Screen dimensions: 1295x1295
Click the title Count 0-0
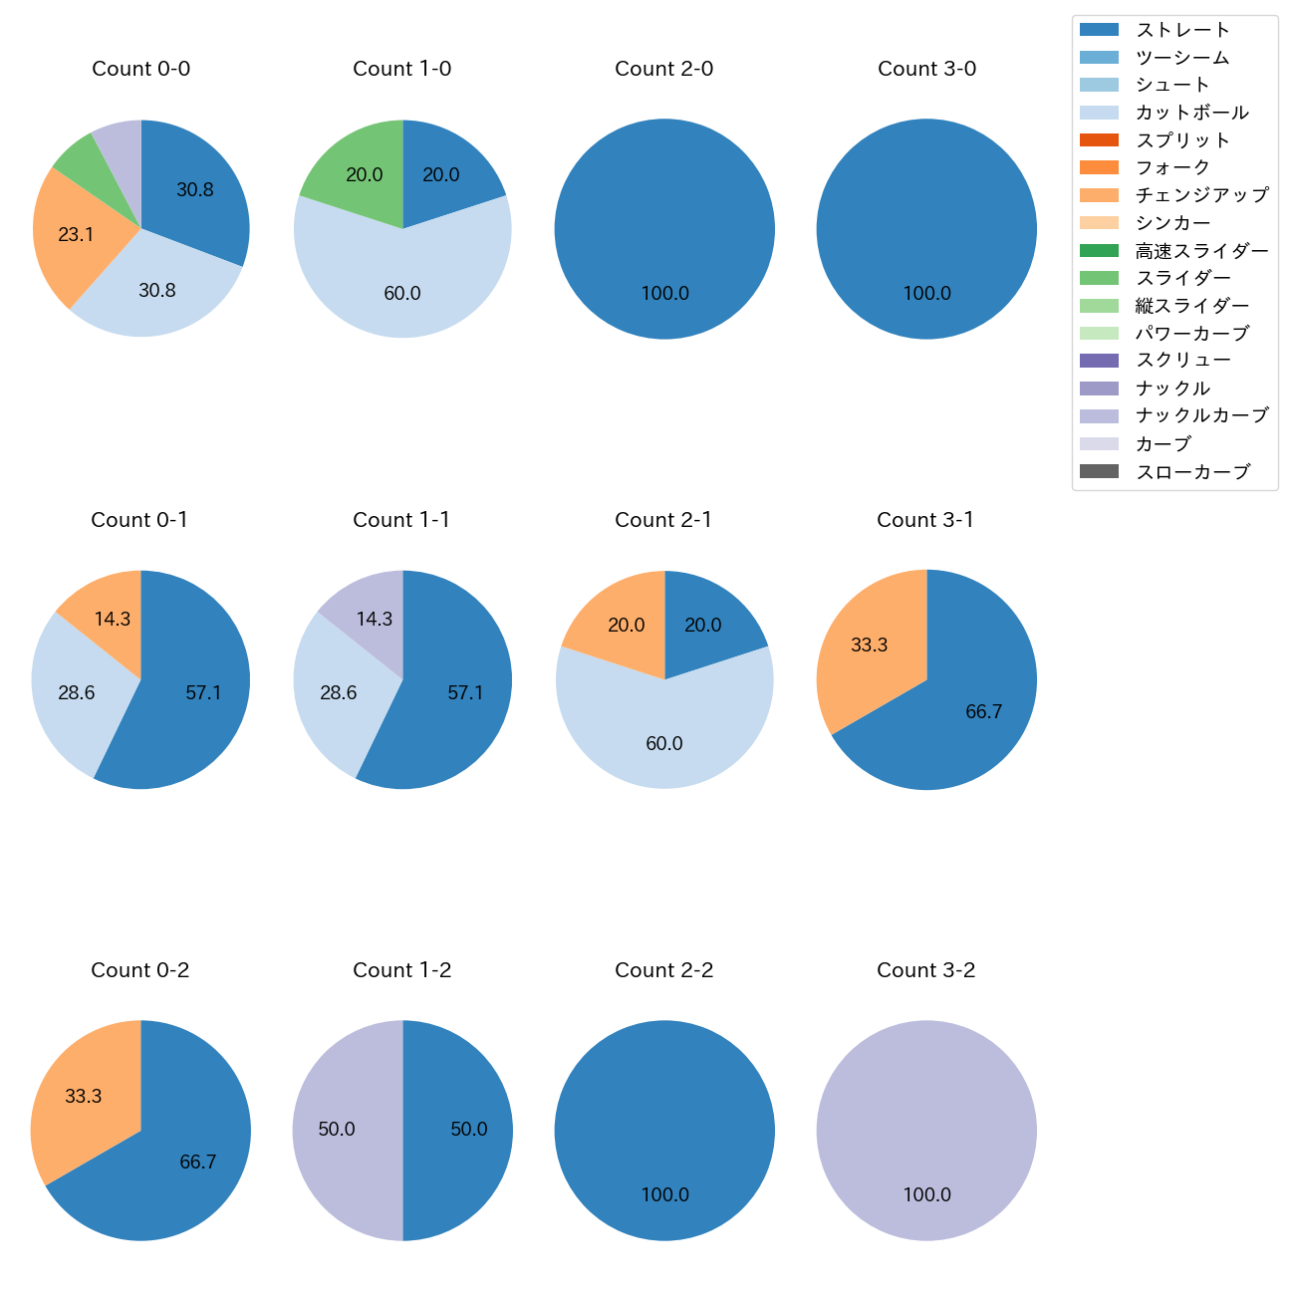click(x=140, y=69)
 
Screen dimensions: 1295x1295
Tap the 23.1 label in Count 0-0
click(x=76, y=235)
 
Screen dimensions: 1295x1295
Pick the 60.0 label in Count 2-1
click(x=664, y=743)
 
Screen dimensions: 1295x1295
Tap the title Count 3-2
click(x=925, y=970)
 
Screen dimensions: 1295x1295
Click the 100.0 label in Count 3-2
click(x=926, y=1194)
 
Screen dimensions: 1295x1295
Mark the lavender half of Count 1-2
click(x=344, y=1131)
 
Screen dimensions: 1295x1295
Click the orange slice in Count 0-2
click(x=85, y=1091)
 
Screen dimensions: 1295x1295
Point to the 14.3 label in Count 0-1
click(x=113, y=619)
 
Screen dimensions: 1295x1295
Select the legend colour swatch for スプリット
click(x=1099, y=140)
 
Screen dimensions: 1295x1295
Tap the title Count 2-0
click(x=663, y=69)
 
